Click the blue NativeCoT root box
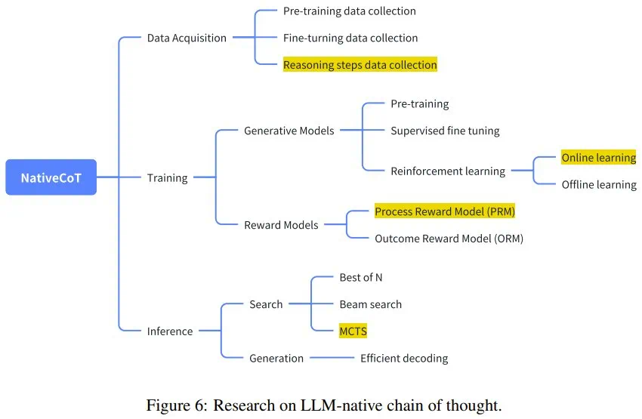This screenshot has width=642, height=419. point(51,177)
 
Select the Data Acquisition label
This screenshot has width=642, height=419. point(187,38)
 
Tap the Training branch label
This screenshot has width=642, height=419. point(167,177)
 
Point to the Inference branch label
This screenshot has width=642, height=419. point(170,331)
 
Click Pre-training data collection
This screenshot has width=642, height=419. point(349,11)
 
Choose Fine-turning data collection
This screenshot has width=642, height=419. point(350,38)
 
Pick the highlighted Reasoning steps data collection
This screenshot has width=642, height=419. point(360,65)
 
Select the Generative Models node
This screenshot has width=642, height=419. point(289,131)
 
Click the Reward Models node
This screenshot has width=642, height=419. point(281,224)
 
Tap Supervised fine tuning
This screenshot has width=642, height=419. point(445,131)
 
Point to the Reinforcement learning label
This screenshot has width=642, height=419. point(447,171)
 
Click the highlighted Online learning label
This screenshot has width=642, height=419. point(598,158)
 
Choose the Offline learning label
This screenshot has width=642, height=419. point(599,184)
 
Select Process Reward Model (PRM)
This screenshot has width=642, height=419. point(445,211)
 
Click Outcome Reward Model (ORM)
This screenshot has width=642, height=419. point(449,239)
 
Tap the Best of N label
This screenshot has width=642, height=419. point(360,277)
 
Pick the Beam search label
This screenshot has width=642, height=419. point(370,304)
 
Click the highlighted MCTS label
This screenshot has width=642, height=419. point(353,331)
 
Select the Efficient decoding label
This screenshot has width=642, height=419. point(403,358)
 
